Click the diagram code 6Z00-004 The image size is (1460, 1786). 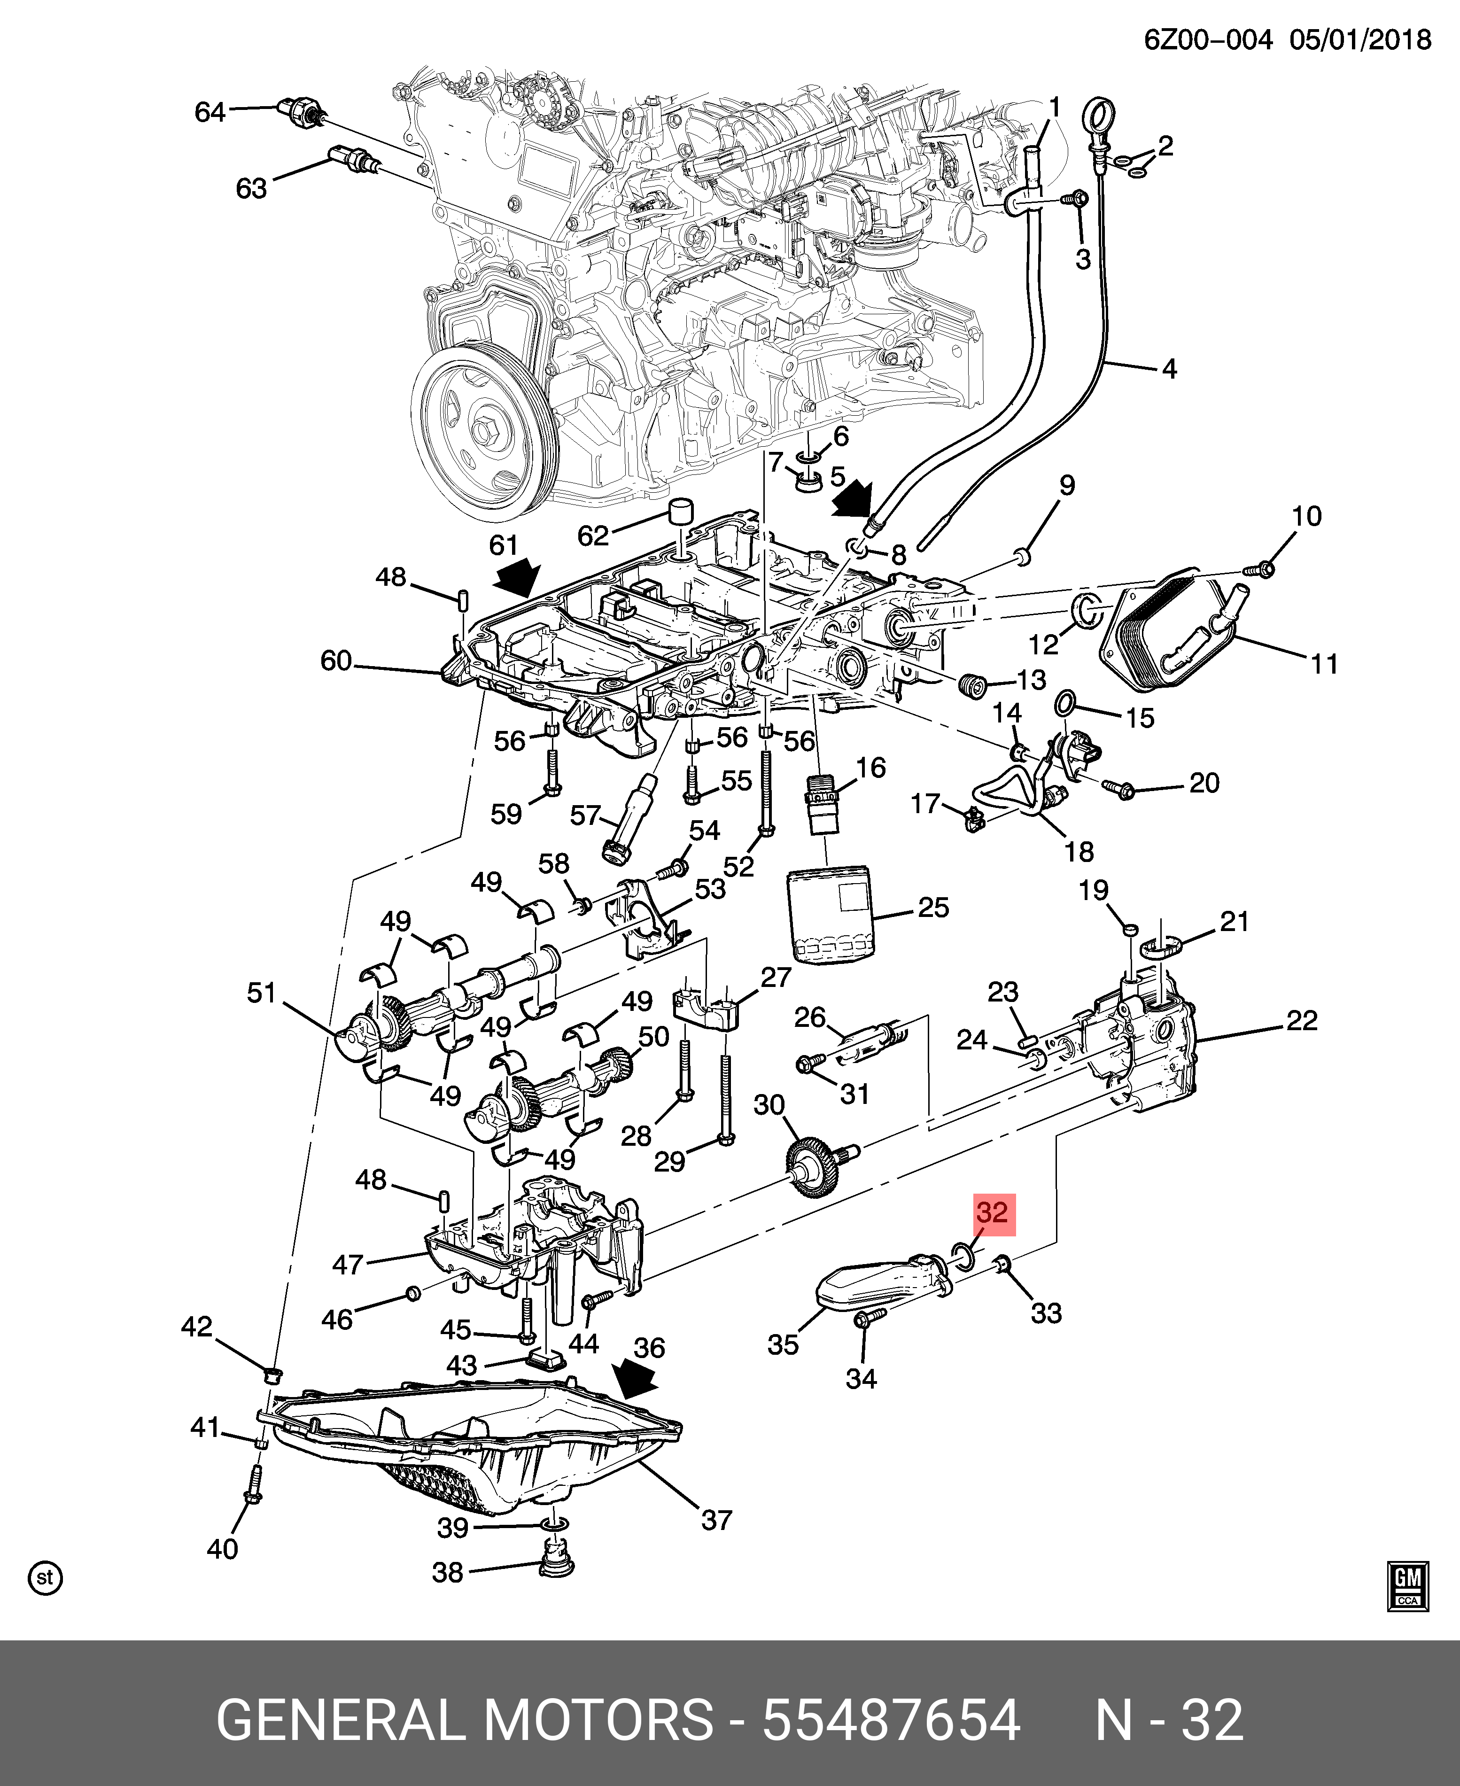pos(1208,39)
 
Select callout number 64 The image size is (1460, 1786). pos(210,112)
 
